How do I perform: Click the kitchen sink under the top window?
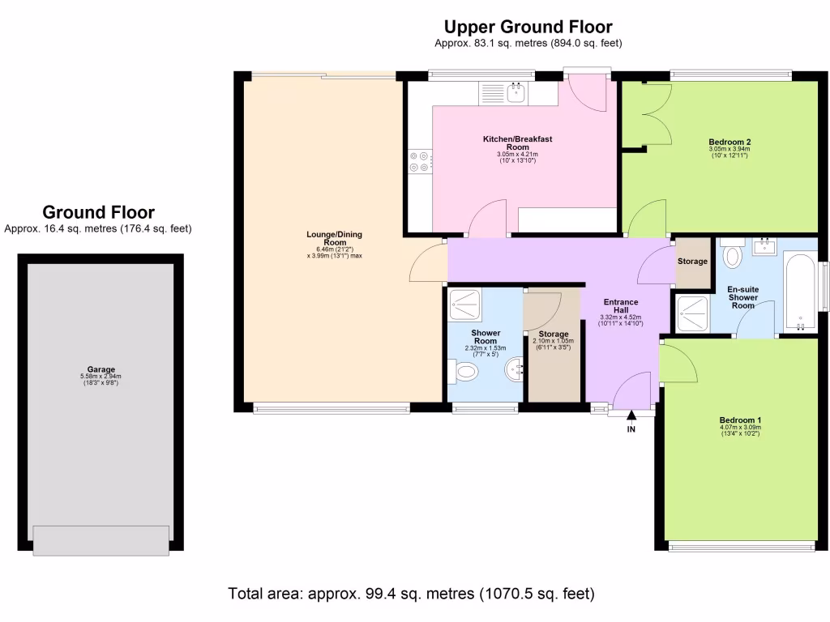(516, 93)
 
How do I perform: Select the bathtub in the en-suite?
(801, 292)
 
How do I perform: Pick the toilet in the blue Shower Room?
(464, 373)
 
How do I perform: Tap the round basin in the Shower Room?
(515, 371)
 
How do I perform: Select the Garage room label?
(101, 369)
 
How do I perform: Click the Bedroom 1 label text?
(740, 420)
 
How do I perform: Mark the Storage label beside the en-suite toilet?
(692, 262)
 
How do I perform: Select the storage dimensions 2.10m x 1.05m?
(553, 342)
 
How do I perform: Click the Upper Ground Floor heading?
(528, 28)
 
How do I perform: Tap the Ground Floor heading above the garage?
(98, 213)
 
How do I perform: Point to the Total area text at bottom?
(412, 594)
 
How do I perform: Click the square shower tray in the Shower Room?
(464, 306)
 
